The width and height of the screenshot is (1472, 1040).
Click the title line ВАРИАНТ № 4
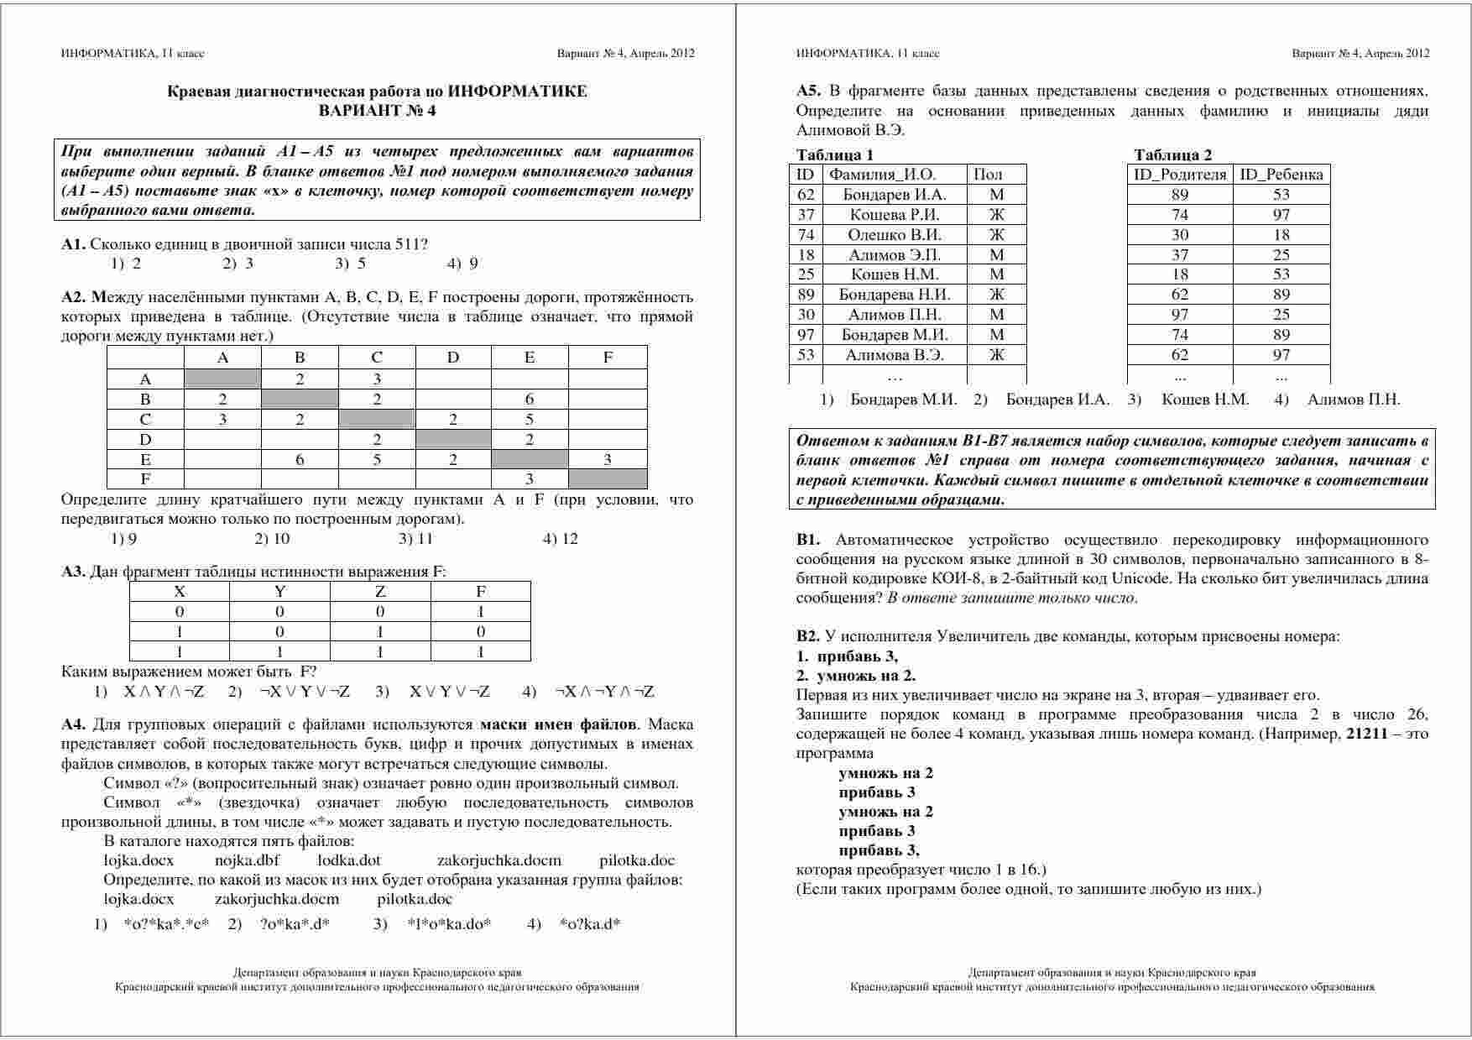point(377,110)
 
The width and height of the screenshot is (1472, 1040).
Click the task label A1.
point(73,244)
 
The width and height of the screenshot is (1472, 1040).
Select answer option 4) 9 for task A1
point(462,264)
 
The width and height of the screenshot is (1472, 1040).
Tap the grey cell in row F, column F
point(608,478)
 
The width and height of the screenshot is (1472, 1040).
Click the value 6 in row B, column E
point(529,399)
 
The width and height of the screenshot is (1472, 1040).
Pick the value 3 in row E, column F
point(608,458)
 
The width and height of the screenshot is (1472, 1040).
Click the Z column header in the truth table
point(380,591)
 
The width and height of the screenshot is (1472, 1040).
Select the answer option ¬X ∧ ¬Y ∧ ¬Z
point(604,692)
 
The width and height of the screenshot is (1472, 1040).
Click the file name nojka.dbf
point(247,860)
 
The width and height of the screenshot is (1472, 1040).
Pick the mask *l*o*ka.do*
point(449,924)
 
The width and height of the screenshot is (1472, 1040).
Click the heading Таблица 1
point(834,154)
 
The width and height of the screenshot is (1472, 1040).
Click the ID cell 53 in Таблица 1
point(806,354)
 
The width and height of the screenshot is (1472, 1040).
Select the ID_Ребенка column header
point(1281,175)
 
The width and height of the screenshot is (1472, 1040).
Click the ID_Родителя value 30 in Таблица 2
point(1180,234)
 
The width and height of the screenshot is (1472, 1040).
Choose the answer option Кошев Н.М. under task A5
point(1204,400)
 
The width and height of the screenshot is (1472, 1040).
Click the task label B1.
point(808,540)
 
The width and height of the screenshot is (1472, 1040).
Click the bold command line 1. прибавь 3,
point(847,656)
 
